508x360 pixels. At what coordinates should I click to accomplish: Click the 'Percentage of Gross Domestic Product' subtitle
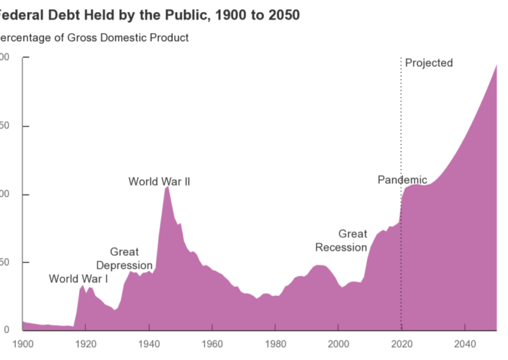tap(93, 37)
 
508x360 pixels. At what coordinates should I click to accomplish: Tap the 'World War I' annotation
tap(78, 279)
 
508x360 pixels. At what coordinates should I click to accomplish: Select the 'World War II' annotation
tap(159, 182)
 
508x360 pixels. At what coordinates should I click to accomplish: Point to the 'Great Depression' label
tap(124, 259)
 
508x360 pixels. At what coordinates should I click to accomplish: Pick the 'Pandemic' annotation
tap(402, 180)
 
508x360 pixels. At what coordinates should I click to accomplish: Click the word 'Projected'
tap(429, 63)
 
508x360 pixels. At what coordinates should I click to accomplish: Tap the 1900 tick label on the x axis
tap(23, 344)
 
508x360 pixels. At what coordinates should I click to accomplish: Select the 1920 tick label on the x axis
tap(85, 344)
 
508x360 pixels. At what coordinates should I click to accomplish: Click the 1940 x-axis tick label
tap(149, 344)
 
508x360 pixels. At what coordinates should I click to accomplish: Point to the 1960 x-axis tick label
tap(212, 344)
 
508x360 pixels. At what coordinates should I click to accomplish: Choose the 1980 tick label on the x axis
tap(275, 344)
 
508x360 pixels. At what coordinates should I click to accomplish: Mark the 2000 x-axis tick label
tap(338, 344)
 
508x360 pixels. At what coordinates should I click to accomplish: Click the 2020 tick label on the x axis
tap(401, 344)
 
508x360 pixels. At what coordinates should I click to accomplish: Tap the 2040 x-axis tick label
tap(464, 344)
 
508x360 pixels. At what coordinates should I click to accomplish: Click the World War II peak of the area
tap(167, 187)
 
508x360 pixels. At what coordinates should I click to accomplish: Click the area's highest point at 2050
tap(496, 65)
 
